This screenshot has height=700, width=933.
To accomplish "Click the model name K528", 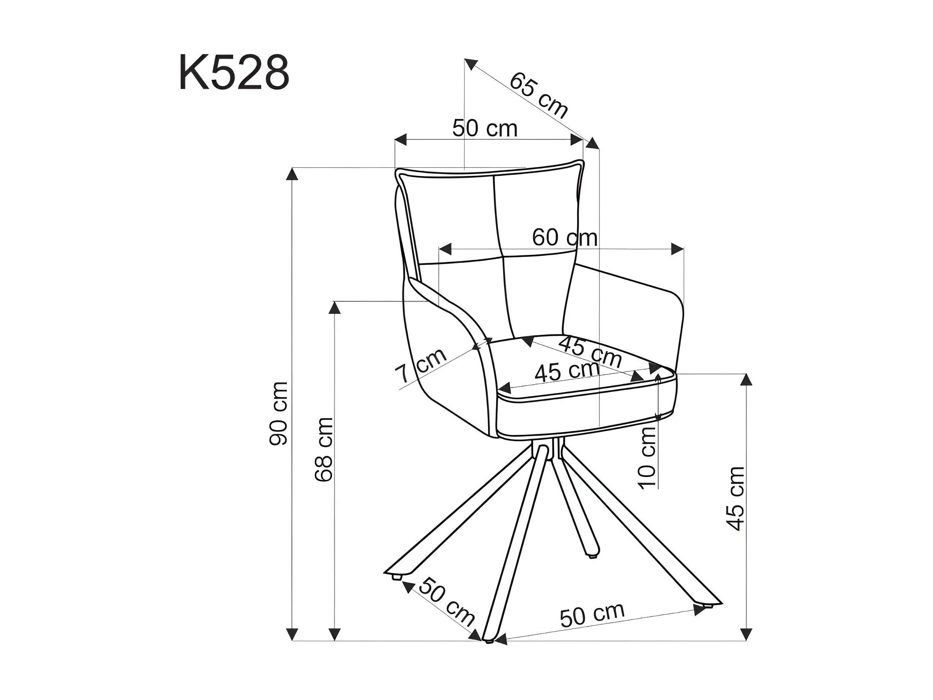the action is pyautogui.click(x=234, y=73).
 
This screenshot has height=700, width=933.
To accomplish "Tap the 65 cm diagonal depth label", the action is pyautogui.click(x=539, y=95).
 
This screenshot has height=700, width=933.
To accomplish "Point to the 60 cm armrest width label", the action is pyautogui.click(x=565, y=237).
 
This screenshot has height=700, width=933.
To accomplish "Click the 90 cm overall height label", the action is pyautogui.click(x=279, y=414).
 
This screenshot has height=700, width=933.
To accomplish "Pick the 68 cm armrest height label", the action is pyautogui.click(x=324, y=449).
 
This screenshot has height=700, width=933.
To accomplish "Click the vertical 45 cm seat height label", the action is pyautogui.click(x=735, y=498).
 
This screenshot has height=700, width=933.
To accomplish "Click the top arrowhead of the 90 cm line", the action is pyautogui.click(x=292, y=174).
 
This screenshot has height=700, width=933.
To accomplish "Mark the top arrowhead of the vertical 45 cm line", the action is pyautogui.click(x=747, y=380).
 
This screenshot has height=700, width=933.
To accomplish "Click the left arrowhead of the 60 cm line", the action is pyautogui.click(x=445, y=249).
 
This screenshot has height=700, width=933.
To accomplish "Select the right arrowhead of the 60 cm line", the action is pyautogui.click(x=678, y=249).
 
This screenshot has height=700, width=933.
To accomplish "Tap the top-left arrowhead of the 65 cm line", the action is pyautogui.click(x=470, y=64).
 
